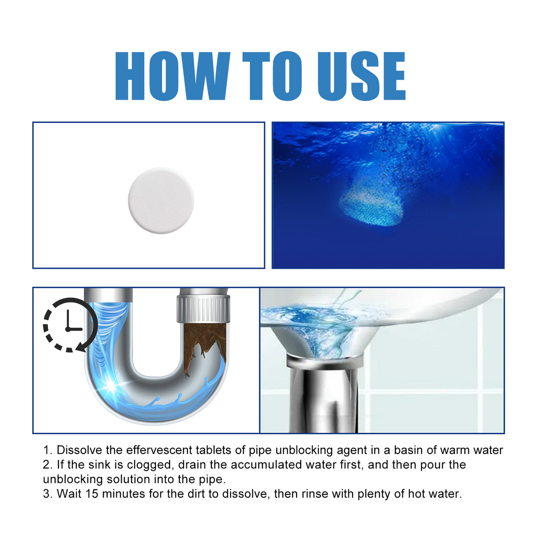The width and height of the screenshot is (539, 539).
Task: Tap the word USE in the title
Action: (361, 76)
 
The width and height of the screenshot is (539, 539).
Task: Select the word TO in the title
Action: (272, 76)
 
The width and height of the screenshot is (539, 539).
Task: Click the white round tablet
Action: (161, 200)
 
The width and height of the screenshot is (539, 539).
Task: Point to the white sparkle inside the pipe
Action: (111, 385)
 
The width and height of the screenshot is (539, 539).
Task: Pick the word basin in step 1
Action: (408, 450)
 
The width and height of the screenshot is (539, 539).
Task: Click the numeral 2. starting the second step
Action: (48, 465)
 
